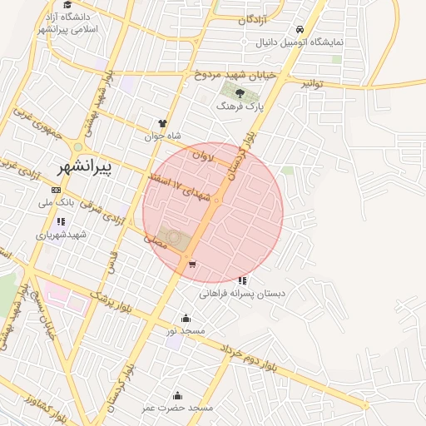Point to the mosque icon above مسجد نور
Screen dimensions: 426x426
[185, 318]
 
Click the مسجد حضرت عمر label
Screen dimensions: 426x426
[176, 408]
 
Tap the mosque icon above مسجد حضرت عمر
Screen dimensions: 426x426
[176, 395]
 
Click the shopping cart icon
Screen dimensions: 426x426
[192, 265]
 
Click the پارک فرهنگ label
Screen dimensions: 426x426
[239, 106]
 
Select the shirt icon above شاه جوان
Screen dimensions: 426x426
[162, 123]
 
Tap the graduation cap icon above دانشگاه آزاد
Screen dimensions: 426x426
[67, 4]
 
